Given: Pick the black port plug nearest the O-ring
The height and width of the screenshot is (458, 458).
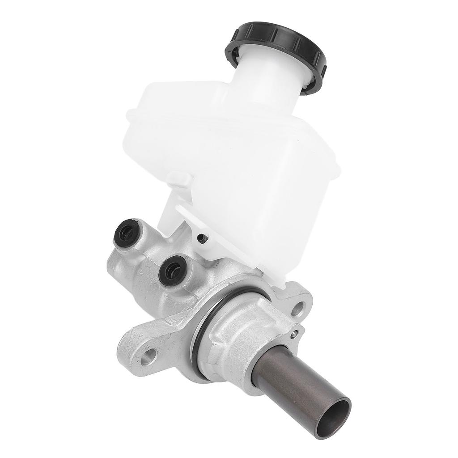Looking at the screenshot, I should (172, 270).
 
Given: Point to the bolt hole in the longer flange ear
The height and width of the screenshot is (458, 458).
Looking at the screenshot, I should (150, 356).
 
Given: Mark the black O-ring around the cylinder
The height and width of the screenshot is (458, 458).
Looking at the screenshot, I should (201, 327).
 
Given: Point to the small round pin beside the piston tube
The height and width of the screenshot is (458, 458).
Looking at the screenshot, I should (293, 333).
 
